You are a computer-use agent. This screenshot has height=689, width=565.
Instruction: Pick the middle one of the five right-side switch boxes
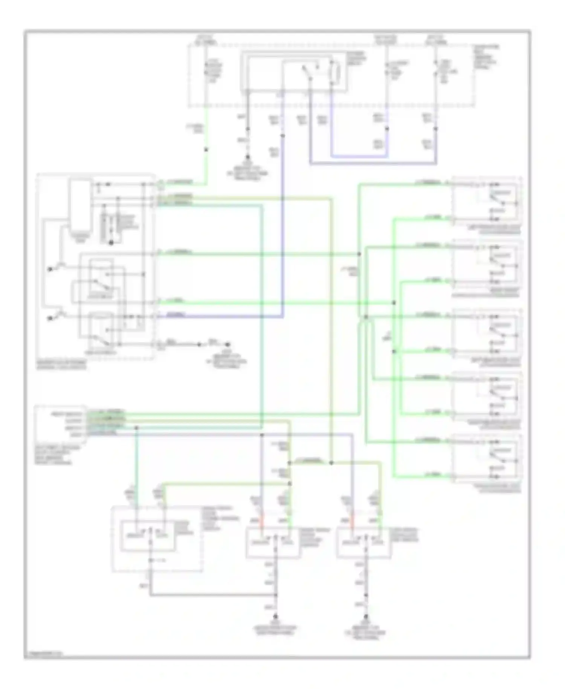pos(487,334)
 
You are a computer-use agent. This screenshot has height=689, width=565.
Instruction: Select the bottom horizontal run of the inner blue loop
pos(360,156)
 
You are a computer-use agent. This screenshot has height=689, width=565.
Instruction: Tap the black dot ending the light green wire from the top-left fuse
pos(206,150)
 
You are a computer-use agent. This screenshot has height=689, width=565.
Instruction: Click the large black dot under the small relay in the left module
pos(111,243)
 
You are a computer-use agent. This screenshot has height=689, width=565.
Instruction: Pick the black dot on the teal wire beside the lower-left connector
pos(136,428)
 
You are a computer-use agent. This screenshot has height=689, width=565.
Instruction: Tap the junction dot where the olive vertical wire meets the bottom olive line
pos(331,462)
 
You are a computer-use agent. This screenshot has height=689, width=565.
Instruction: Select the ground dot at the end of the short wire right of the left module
pos(228,344)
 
